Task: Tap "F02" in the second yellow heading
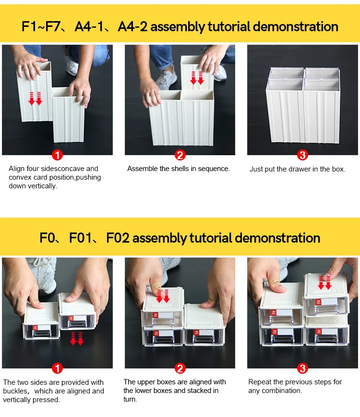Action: pyautogui.click(x=118, y=238)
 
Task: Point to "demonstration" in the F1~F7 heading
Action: pyautogui.click(x=295, y=26)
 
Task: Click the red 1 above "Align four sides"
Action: pyautogui.click(x=57, y=155)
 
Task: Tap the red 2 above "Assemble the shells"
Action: pyautogui.click(x=180, y=155)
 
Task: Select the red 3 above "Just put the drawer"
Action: pyautogui.click(x=302, y=155)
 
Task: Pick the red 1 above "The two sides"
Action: pyautogui.click(x=57, y=368)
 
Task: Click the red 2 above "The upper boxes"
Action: pyautogui.click(x=180, y=368)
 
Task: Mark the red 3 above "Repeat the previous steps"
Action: pyautogui.click(x=302, y=368)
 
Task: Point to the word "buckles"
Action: pyautogui.click(x=16, y=391)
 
